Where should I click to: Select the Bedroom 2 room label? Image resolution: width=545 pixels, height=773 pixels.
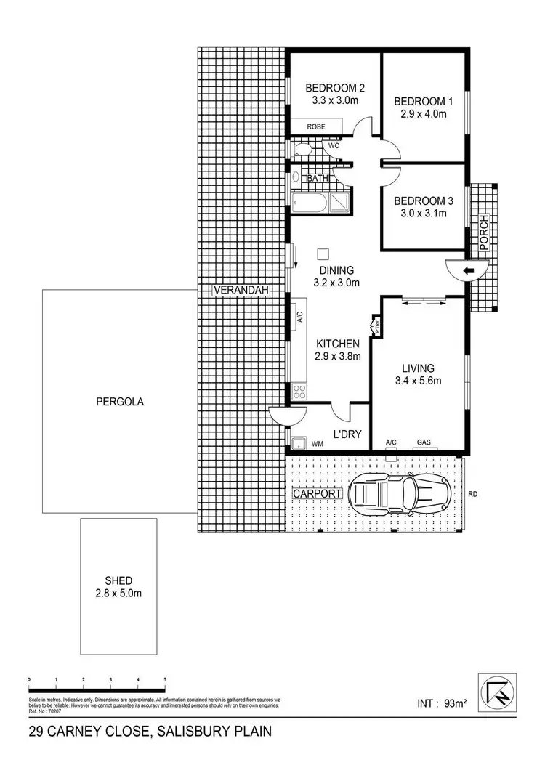(334, 89)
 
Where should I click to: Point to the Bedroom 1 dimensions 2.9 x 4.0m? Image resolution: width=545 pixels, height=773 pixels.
(422, 113)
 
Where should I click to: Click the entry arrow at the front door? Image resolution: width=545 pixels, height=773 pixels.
(469, 270)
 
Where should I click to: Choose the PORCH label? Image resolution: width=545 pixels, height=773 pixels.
(484, 233)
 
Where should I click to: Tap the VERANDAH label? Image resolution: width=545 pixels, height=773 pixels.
(241, 291)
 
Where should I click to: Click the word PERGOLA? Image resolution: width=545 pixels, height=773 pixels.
(118, 400)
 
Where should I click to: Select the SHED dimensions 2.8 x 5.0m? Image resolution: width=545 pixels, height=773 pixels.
(118, 594)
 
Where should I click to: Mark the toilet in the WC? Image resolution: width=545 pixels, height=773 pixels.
(304, 150)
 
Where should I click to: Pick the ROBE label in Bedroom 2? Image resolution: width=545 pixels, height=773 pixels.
(315, 126)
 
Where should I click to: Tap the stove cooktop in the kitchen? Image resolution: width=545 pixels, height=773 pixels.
(299, 392)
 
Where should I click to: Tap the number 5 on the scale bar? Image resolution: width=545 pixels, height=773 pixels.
(165, 679)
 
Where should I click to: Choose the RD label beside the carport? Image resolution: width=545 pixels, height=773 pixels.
(473, 494)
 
